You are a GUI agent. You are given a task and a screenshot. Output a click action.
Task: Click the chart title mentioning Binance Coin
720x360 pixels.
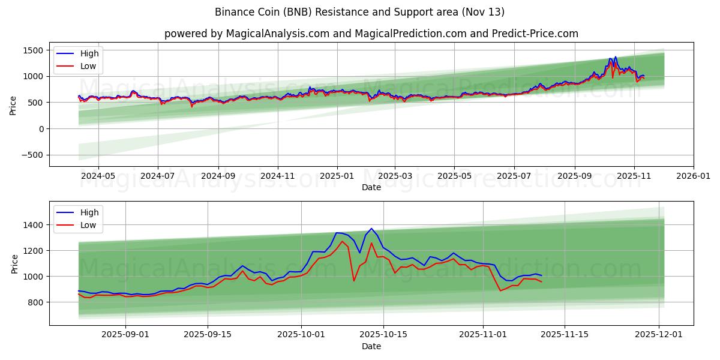click(x=359, y=12)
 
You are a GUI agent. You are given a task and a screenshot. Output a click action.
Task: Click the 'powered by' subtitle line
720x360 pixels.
click(x=371, y=34)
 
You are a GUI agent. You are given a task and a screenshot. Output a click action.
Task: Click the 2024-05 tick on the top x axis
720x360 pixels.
click(x=98, y=176)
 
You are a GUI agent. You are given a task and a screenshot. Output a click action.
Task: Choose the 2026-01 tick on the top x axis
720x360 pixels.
click(x=694, y=176)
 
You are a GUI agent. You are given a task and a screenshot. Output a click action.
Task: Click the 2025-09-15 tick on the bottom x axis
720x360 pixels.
click(x=208, y=335)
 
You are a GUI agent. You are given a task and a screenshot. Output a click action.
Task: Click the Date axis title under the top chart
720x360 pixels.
click(x=371, y=187)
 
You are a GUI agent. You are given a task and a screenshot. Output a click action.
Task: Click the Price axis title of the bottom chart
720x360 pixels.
click(x=14, y=263)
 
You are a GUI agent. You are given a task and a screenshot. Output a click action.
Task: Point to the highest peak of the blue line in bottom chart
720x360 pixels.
click(x=371, y=229)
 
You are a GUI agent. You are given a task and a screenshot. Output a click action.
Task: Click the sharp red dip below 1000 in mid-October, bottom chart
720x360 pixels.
click(x=354, y=281)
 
